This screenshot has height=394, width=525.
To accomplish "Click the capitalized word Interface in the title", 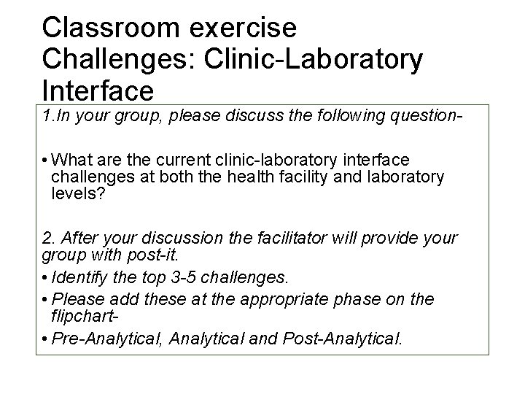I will click(x=98, y=91).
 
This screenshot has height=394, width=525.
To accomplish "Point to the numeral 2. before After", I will click(x=48, y=239).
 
